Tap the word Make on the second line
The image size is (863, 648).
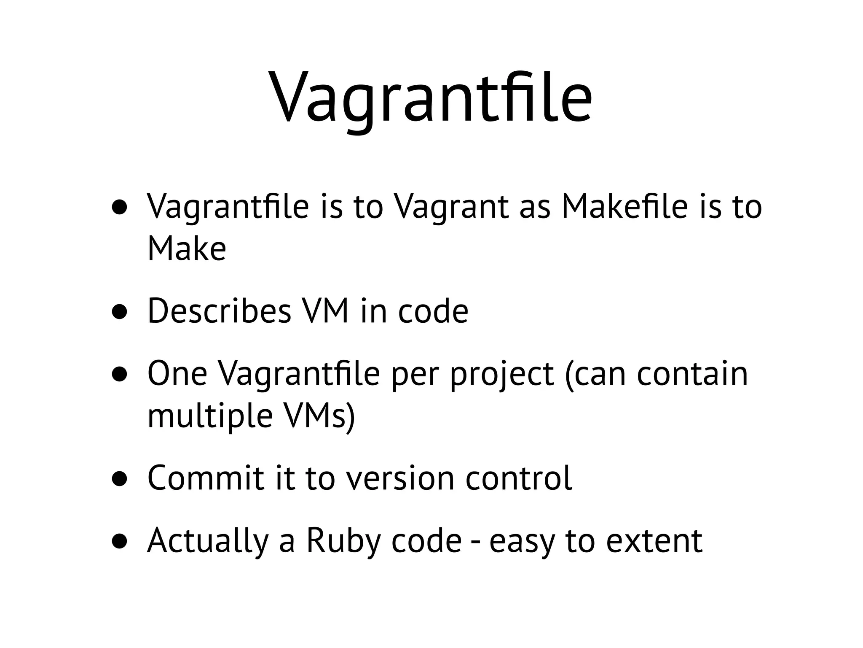coord(187,248)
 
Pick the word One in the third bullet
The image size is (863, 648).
coord(177,374)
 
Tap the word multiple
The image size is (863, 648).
coord(210,416)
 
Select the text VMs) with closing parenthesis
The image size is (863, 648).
coord(319,416)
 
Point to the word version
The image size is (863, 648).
coord(400,478)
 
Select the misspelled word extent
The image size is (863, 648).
coord(654,541)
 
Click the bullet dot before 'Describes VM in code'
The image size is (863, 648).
coord(120,312)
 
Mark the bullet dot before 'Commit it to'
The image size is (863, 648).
coord(120,479)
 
